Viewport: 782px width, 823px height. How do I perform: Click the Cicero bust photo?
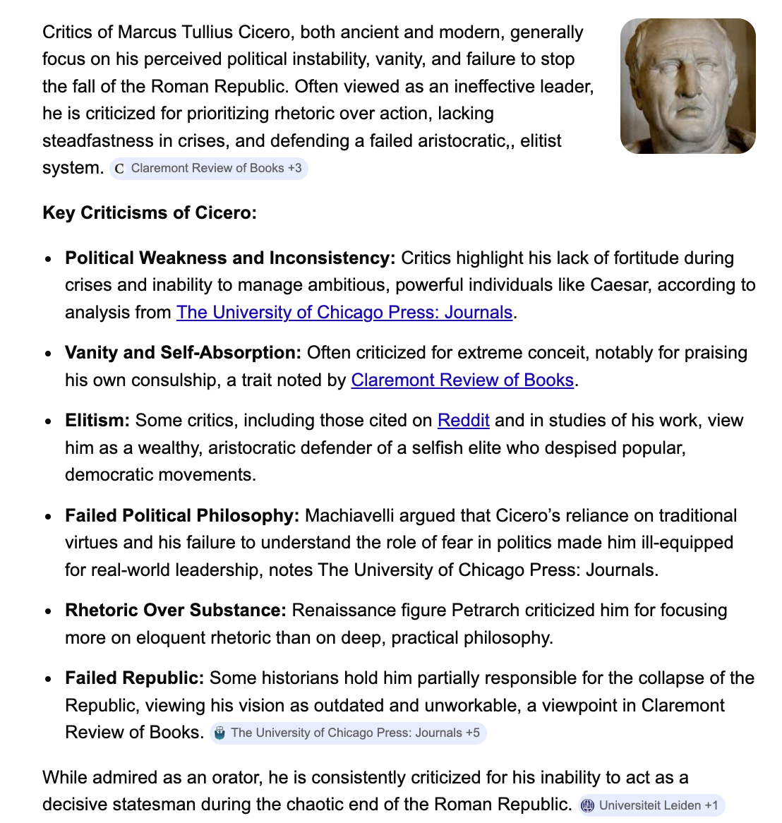tap(687, 86)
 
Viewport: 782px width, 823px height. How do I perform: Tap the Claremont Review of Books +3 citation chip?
tap(209, 169)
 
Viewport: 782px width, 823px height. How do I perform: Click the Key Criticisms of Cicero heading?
tap(150, 212)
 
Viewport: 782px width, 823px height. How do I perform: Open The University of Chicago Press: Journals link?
tap(344, 312)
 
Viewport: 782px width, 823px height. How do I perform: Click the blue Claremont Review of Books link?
tap(462, 380)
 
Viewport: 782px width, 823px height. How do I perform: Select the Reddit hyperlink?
tap(463, 420)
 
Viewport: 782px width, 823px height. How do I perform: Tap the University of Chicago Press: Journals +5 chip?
tap(348, 733)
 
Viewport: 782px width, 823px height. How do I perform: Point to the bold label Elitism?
tap(97, 420)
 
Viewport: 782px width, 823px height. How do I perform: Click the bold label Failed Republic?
tap(134, 678)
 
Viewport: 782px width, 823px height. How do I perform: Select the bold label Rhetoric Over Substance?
tap(175, 610)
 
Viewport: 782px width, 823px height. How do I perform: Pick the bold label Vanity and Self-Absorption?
tap(183, 352)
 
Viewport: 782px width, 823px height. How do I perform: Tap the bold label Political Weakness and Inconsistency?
tap(230, 258)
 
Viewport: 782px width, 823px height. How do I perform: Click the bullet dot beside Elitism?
tap(48, 421)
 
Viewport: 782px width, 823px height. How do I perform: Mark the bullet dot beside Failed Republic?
tap(48, 679)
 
